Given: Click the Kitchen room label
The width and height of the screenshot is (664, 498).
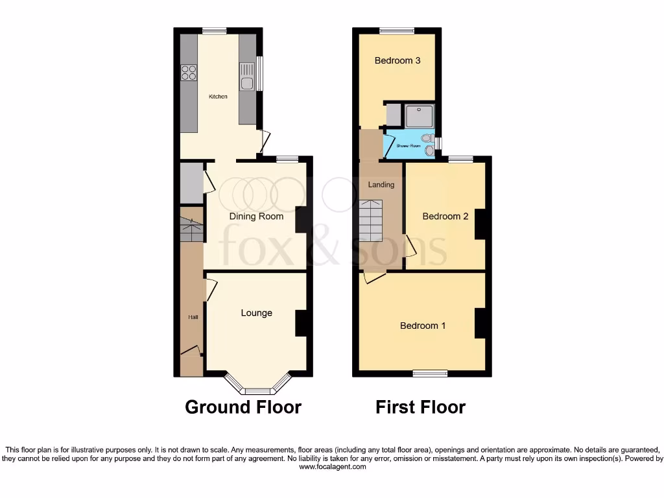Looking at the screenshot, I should pyautogui.click(x=218, y=97).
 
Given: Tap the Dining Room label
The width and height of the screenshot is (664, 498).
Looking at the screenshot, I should pyautogui.click(x=256, y=216).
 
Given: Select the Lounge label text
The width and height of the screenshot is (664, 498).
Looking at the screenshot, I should pyautogui.click(x=256, y=313).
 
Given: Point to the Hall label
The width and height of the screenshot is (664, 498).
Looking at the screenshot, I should pyautogui.click(x=193, y=317).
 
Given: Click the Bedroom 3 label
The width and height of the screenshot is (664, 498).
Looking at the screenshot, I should pyautogui.click(x=397, y=60).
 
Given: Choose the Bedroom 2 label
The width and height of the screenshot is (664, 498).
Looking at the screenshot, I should pyautogui.click(x=445, y=216).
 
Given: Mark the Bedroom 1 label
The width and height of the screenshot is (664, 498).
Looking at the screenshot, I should pyautogui.click(x=422, y=326).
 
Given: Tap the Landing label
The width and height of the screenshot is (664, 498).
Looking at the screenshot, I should pyautogui.click(x=381, y=184).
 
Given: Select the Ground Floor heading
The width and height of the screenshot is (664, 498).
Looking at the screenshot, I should pyautogui.click(x=243, y=407).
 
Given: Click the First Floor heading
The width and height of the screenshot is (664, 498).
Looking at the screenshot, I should pyautogui.click(x=420, y=407).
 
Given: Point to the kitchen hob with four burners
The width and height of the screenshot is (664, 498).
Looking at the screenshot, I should pyautogui.click(x=189, y=73).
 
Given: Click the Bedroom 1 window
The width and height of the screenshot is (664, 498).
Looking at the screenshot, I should pyautogui.click(x=431, y=373).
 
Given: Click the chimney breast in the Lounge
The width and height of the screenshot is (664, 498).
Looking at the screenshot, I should pyautogui.click(x=301, y=323).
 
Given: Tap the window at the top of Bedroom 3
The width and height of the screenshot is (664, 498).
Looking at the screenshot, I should pyautogui.click(x=397, y=30).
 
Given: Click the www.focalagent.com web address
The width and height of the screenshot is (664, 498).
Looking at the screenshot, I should pyautogui.click(x=332, y=466).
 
